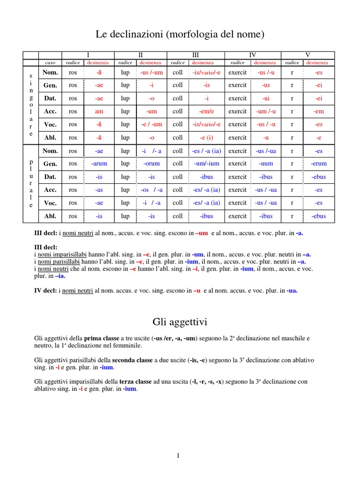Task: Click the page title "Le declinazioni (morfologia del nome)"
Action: tap(180, 34)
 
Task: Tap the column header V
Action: tap(308, 55)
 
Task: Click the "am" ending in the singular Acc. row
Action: tap(99, 112)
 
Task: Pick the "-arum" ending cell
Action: tap(99, 164)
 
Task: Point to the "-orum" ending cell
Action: tap(151, 164)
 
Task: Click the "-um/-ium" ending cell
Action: tap(206, 164)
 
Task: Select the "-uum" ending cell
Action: tap(266, 164)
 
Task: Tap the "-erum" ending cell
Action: tap(319, 164)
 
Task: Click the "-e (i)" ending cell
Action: tap(206, 138)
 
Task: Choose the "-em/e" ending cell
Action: tap(206, 112)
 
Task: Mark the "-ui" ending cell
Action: tap(266, 98)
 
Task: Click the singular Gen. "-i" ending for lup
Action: tap(151, 85)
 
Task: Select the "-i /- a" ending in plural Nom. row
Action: tap(151, 151)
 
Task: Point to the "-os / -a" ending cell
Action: tap(151, 190)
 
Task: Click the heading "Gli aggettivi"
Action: tap(180, 322)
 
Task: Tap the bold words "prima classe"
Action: tap(99, 338)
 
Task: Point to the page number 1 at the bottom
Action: tap(178, 455)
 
